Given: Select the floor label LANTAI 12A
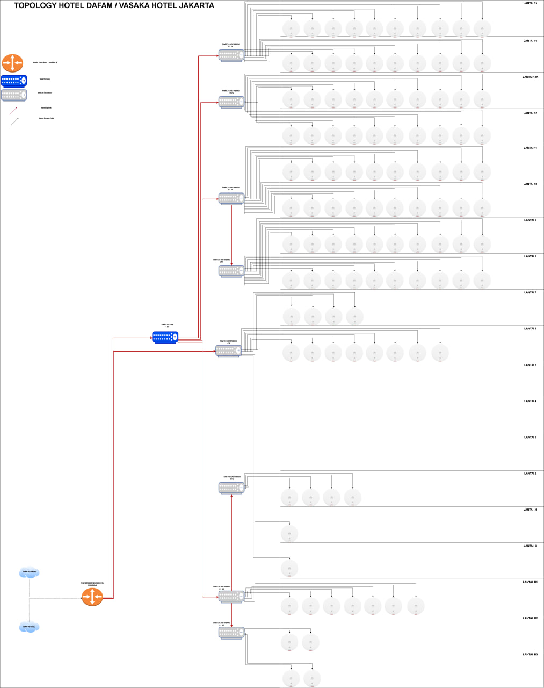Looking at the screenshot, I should coord(530,77).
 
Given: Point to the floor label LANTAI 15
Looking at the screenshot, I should coord(530,3).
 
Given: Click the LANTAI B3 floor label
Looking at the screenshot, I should coord(530,654).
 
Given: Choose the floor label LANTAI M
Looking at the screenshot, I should coord(530,510).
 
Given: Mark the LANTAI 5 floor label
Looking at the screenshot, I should coord(530,365).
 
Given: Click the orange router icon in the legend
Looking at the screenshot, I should coord(12,63).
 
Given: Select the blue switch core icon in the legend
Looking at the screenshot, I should coord(14,81).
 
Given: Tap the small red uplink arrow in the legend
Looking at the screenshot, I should coord(13,111).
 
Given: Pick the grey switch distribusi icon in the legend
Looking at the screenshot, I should coord(14,96).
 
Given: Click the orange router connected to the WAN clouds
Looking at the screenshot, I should coord(92,597).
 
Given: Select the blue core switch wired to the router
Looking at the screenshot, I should coord(165,337).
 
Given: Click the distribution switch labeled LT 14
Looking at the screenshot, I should coord(231,55).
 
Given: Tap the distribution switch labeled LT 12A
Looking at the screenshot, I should coord(231,102).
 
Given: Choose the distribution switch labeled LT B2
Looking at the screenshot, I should coord(231,633).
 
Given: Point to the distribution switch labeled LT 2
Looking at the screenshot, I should coord(231,488).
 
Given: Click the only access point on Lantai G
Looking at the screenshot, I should coord(289,568).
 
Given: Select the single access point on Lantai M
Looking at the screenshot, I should coord(289,533).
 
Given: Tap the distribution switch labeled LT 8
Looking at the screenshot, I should coord(231,270).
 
